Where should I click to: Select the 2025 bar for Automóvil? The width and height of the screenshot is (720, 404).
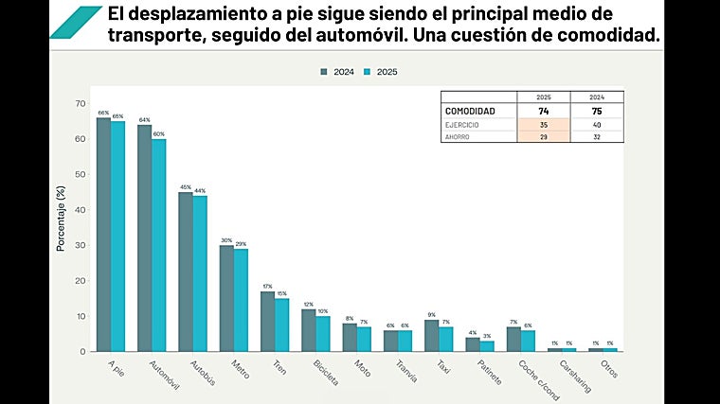coord(159,245)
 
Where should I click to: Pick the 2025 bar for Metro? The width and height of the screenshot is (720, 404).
coord(241,300)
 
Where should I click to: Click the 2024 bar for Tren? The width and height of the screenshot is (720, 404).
coord(267,322)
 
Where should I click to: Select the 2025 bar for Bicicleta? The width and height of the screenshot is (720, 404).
coord(323,334)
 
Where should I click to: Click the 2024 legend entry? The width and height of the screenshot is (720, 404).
coord(337,72)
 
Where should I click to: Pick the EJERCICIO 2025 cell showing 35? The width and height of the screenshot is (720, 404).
coord(544,124)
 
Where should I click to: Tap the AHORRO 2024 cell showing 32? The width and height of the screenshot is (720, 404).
coord(597,136)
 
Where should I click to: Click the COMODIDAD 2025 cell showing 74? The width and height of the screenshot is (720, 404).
coord(544,111)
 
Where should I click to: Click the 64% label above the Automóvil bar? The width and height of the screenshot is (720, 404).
coord(144,120)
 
